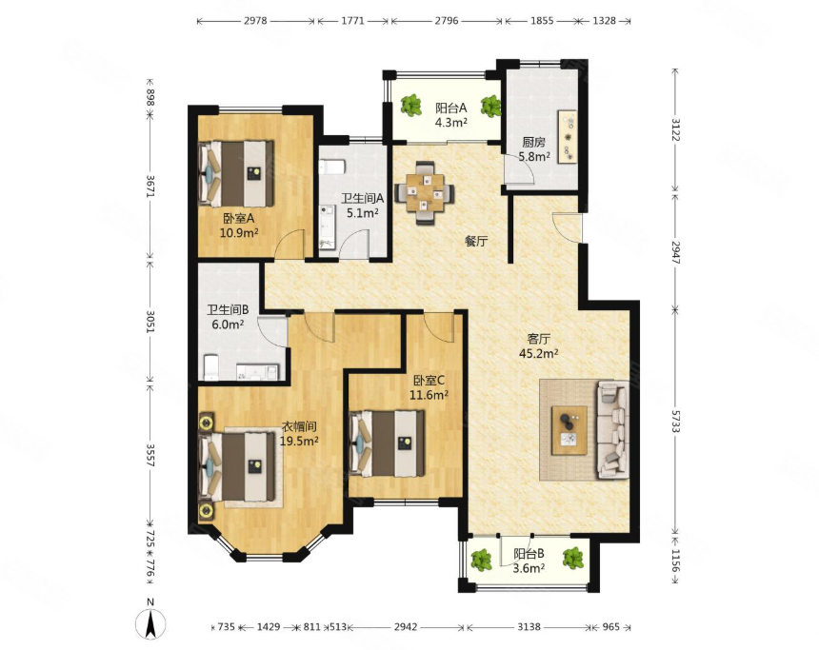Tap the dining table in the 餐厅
(x=425, y=193)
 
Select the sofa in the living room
(x=613, y=429)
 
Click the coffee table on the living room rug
(x=569, y=430)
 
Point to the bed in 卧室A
(x=236, y=173)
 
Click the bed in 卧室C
(x=387, y=443)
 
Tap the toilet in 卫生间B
(x=210, y=367)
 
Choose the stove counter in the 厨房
(x=568, y=137)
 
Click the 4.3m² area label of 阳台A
(x=451, y=123)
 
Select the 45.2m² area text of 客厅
(x=538, y=353)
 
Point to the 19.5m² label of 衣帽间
(x=299, y=441)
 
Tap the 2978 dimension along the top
(x=255, y=21)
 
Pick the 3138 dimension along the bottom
(x=529, y=626)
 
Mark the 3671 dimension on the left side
(x=150, y=186)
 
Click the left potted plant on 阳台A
(x=411, y=105)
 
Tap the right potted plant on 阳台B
(x=573, y=558)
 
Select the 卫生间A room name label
(x=363, y=198)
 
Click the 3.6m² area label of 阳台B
(x=529, y=568)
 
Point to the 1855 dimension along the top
(x=542, y=21)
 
